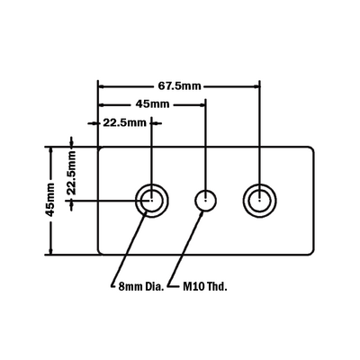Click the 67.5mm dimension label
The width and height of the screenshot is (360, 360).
click(179, 86)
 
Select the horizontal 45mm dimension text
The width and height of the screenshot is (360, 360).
click(152, 104)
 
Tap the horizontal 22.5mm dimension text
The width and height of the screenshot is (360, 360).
click(125, 122)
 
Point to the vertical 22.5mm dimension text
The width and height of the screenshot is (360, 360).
click(71, 173)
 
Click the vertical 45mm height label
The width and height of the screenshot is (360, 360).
click(49, 200)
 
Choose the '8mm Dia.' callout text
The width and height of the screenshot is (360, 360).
click(141, 287)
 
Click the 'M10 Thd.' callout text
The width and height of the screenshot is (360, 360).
click(205, 287)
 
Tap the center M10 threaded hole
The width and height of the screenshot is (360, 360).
click(206, 201)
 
